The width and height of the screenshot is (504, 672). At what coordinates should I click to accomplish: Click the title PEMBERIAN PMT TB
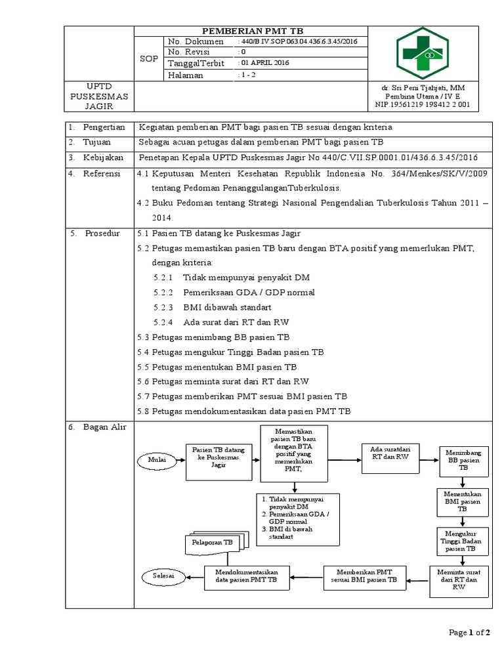[x=252, y=31]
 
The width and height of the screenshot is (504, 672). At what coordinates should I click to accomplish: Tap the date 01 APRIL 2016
[x=264, y=63]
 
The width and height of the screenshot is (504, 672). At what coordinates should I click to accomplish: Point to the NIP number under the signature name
[x=427, y=104]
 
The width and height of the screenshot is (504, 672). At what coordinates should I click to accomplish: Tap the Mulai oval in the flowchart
[x=157, y=461]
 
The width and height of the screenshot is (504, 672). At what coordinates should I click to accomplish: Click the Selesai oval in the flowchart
[x=163, y=576]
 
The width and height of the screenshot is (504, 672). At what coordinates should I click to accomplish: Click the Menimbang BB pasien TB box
[x=463, y=459]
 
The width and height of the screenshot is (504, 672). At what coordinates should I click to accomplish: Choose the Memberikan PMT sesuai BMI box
[x=365, y=577]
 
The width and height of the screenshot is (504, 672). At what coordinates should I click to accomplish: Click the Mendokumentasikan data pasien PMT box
[x=247, y=577]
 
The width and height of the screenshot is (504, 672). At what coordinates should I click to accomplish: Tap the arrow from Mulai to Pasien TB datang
[x=181, y=461]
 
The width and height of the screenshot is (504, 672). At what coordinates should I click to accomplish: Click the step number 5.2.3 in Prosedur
[x=163, y=307]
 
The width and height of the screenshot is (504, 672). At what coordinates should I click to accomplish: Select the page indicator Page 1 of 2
[x=469, y=633]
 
